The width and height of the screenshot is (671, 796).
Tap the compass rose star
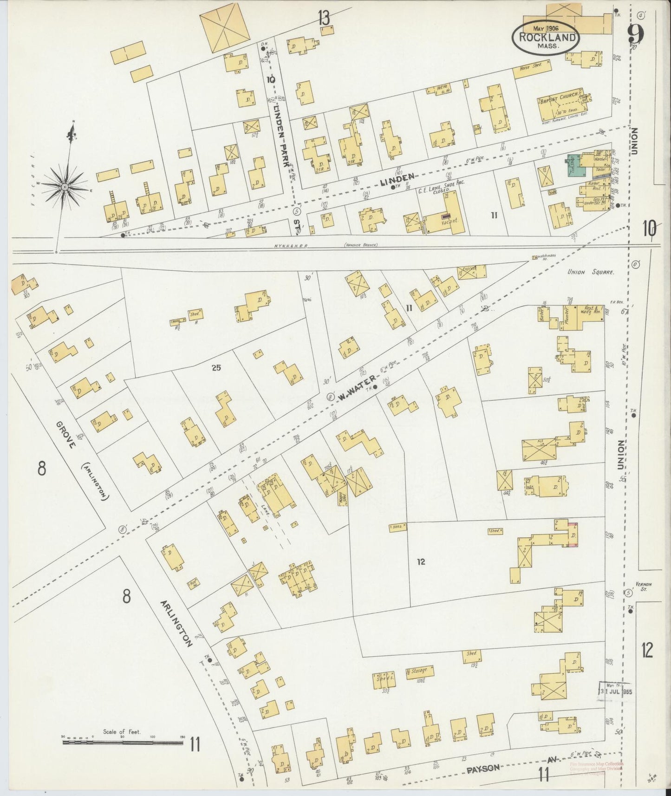pos(65,187)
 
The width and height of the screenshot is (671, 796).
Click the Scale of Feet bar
pos(123,743)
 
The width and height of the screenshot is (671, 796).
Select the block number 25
pos(216,368)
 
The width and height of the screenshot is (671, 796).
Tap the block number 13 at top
pos(324,18)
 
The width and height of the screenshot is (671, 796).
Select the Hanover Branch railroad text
pos(360,245)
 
